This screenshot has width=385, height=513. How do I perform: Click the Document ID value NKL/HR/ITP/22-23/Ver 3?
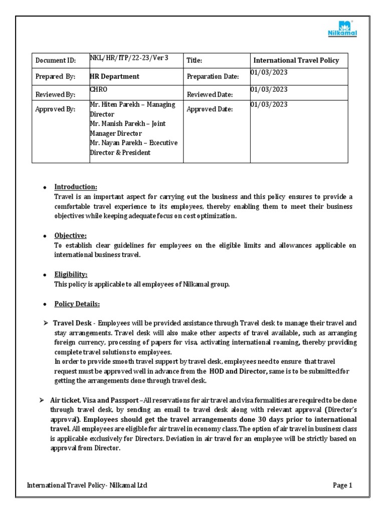pos(129,58)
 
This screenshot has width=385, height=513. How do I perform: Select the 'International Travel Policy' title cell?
pos(296,60)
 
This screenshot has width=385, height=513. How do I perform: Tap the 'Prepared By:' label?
pos(55,77)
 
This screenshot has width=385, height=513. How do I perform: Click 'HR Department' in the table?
pos(114,77)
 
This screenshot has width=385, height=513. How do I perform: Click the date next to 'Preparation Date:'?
pos(269,73)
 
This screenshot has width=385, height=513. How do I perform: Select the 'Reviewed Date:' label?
pos(210,94)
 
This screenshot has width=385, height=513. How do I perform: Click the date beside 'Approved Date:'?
pos(269,105)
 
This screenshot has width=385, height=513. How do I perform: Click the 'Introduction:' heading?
pos(76,187)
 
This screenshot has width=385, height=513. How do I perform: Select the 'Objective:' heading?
pos(70,235)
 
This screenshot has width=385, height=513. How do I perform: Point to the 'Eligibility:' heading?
pos(71,275)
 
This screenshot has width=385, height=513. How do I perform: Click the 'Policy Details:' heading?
pos(77,304)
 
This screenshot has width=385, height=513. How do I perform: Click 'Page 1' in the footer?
pos(343,485)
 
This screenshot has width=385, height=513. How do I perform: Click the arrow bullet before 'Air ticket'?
pos(43,401)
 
